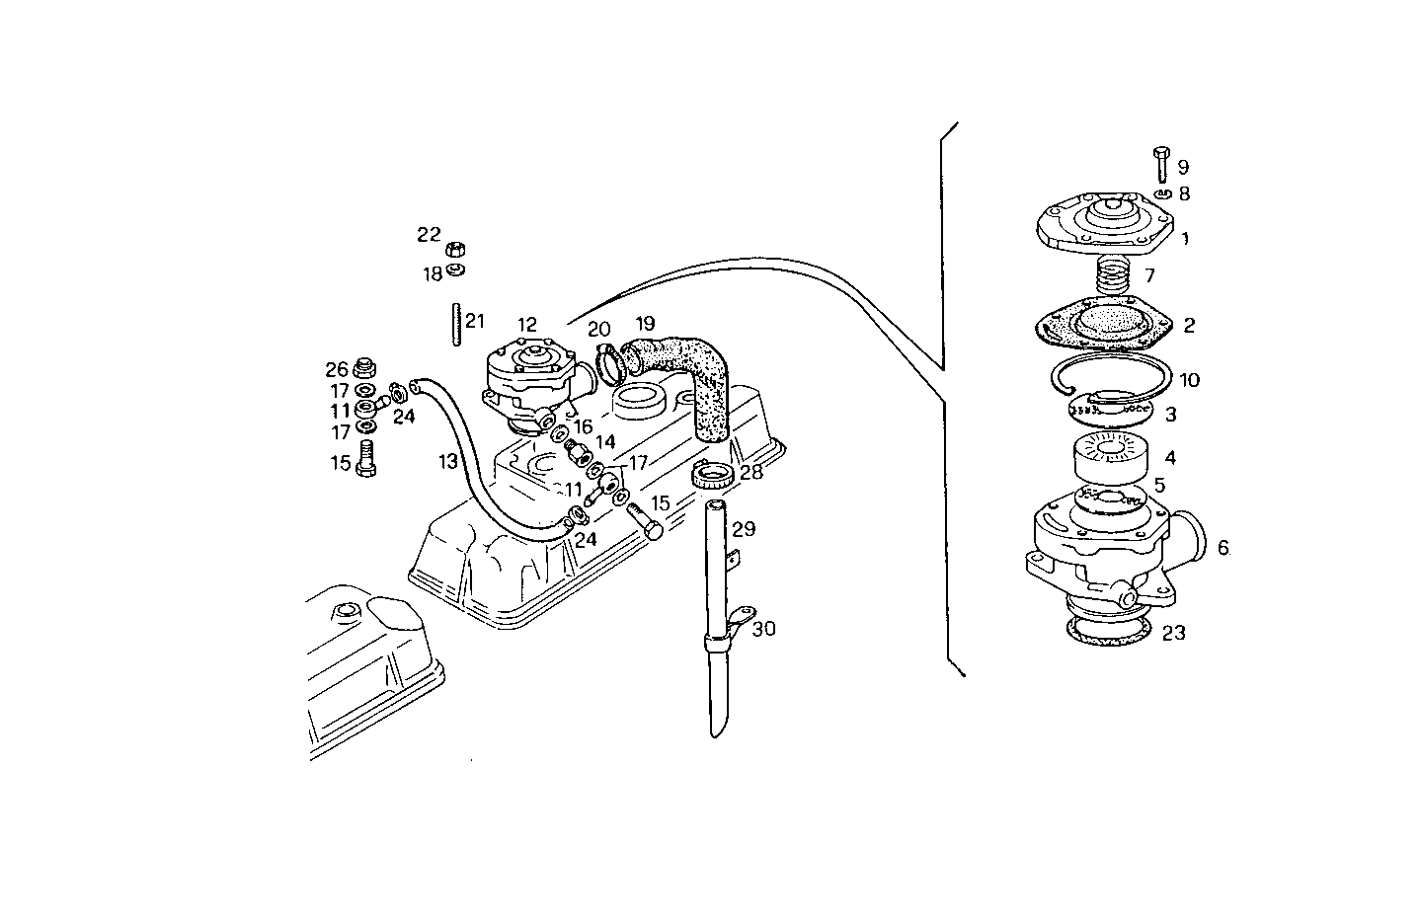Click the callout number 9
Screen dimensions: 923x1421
(1183, 168)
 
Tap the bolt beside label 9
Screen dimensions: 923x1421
(1161, 162)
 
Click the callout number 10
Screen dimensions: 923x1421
(1189, 380)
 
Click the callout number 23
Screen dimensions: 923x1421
(1173, 633)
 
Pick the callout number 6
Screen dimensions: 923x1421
(1223, 548)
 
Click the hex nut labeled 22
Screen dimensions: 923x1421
(455, 248)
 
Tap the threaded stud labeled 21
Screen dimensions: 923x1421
(458, 325)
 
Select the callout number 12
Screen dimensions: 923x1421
(526, 325)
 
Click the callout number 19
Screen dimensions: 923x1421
(645, 324)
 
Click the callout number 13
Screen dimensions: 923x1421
(448, 461)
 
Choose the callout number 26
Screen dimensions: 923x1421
(337, 370)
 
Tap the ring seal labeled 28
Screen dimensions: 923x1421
(715, 477)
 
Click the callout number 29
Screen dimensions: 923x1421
(743, 529)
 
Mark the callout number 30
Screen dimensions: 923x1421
(764, 629)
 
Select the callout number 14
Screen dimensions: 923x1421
(604, 442)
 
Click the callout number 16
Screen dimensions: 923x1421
(583, 426)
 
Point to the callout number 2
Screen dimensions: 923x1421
(1189, 325)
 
